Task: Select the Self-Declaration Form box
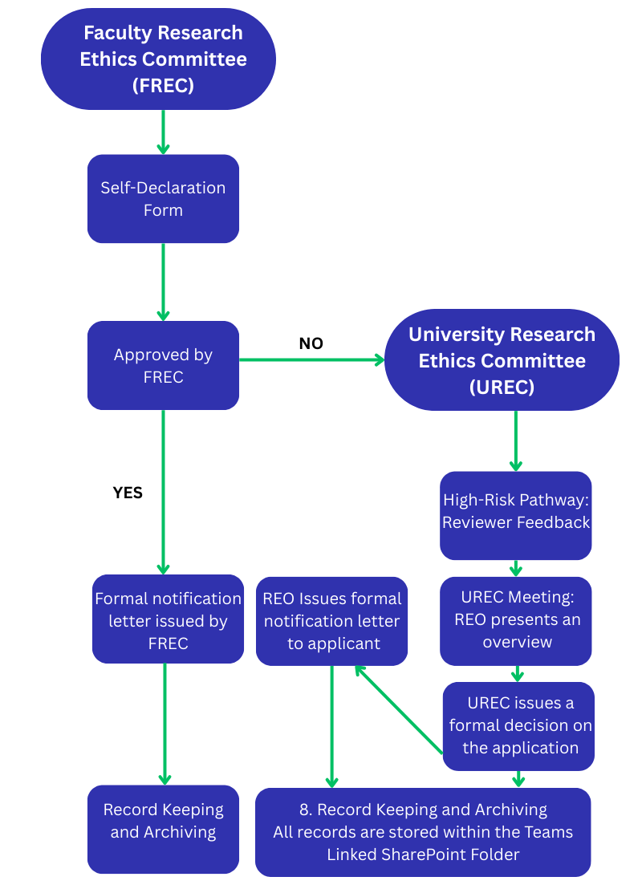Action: click(163, 199)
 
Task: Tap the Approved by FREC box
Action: click(163, 366)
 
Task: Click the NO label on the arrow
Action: click(311, 343)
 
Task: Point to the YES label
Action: click(128, 493)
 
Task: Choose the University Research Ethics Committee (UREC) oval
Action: click(502, 360)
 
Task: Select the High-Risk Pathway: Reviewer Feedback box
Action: click(516, 511)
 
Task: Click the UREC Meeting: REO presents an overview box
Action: click(516, 619)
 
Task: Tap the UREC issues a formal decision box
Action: click(519, 725)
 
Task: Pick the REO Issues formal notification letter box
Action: click(331, 621)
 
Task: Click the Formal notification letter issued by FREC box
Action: click(168, 620)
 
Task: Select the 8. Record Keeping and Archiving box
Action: click(423, 832)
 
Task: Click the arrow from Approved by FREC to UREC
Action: click(311, 360)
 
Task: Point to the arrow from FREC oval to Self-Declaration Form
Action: click(163, 131)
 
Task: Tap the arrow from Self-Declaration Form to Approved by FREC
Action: click(163, 281)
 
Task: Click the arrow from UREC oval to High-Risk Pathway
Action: click(515, 440)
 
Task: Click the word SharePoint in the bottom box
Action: click(433, 854)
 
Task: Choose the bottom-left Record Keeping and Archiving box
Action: click(163, 821)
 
